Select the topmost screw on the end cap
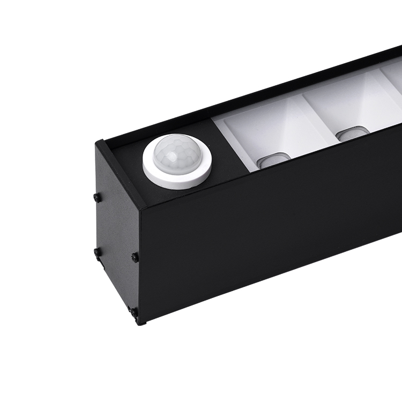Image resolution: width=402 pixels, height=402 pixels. click(96, 197)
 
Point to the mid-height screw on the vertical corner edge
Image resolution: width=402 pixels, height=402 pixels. click(135, 257)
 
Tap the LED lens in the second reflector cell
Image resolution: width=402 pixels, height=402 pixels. click(353, 134)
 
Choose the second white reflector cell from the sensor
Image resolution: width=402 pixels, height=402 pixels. click(354, 107)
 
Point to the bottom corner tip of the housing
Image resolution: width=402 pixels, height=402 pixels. click(140, 323)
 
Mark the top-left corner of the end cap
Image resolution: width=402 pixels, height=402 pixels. click(98, 142)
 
